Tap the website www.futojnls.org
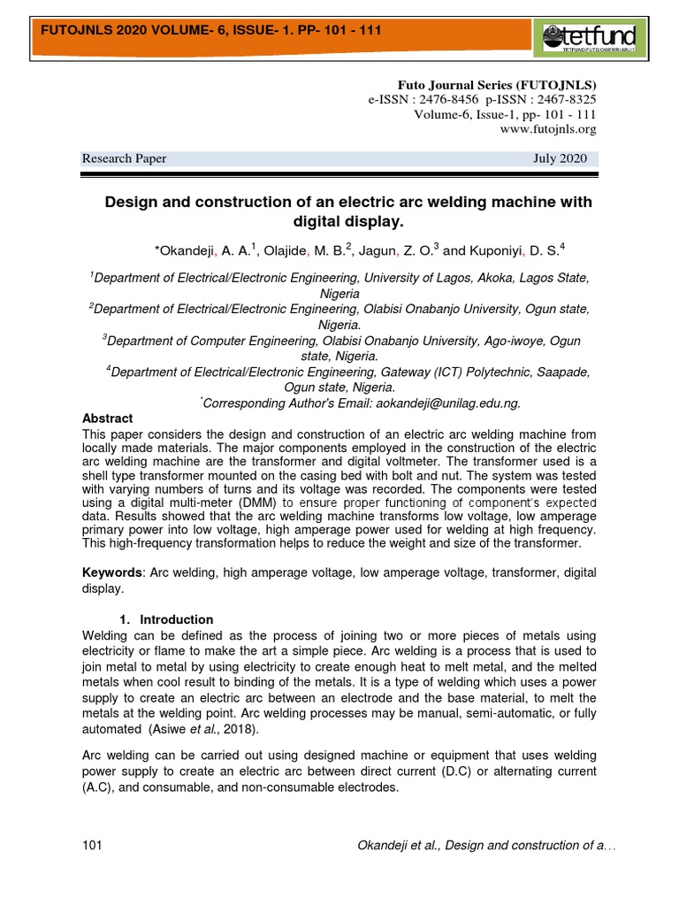point(548,129)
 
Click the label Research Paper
point(124,158)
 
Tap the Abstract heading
point(107,418)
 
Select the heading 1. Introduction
point(166,619)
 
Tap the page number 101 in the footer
point(92,846)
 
